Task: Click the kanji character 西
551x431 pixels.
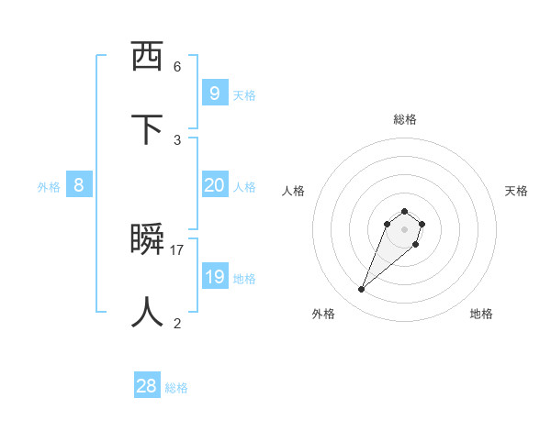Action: point(148,57)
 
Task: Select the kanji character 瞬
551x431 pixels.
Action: point(148,239)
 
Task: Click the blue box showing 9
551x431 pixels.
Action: point(214,93)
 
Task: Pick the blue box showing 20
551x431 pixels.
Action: point(214,185)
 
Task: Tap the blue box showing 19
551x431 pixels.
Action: point(214,277)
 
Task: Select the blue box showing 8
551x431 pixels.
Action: point(79,185)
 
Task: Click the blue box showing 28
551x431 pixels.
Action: point(147,386)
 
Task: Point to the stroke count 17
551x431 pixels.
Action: point(177,249)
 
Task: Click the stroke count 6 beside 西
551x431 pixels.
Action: point(177,66)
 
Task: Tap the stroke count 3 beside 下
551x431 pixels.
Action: point(177,139)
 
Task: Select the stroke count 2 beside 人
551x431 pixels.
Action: point(177,323)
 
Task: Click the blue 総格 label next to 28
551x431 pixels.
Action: point(176,388)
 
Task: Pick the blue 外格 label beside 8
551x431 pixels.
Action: point(49,187)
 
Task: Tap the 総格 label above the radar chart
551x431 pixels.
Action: point(405,119)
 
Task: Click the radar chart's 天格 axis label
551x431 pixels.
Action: point(516,191)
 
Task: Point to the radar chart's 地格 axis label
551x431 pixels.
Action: point(481,314)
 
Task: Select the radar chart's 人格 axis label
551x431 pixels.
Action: point(293,191)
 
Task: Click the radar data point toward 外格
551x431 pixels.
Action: point(362,290)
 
